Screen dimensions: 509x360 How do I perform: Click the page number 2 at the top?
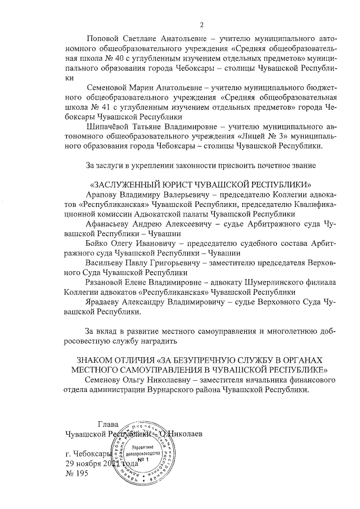pos(201,24)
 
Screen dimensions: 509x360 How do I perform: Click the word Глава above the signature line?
pos(108,424)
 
